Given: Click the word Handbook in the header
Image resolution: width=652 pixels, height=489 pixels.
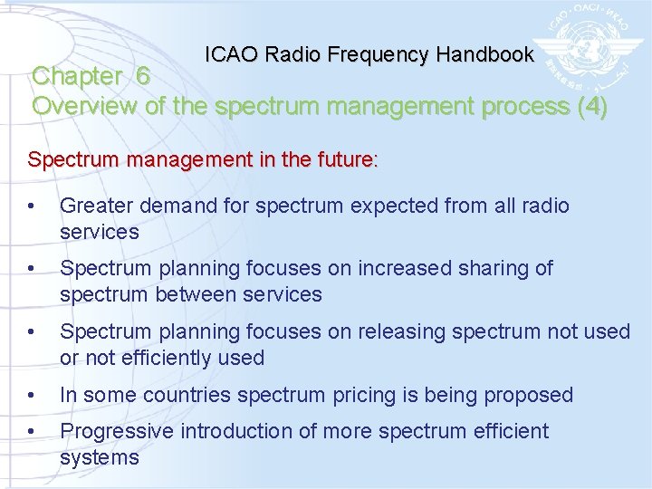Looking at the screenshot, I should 484,54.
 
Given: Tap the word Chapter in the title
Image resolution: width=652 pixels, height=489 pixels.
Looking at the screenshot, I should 79,77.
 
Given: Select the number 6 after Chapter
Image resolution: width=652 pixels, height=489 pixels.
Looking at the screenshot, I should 143,77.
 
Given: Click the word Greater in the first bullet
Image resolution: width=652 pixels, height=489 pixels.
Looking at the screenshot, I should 94,206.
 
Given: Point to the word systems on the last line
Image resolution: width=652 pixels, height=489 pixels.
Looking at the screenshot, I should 100,457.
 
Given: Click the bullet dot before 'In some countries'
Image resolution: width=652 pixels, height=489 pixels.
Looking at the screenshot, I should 32,396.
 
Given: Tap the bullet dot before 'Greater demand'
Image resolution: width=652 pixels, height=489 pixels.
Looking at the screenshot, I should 32,206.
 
